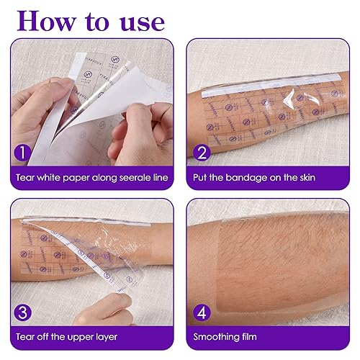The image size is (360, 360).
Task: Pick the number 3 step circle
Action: click(x=23, y=313)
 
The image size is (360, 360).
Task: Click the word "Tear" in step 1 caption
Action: click(x=23, y=176)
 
